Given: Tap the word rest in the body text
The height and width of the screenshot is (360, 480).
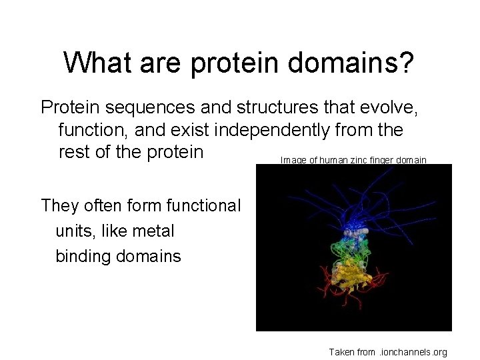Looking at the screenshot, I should (x=73, y=152).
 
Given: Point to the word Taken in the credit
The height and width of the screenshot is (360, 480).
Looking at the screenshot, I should (x=343, y=351).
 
